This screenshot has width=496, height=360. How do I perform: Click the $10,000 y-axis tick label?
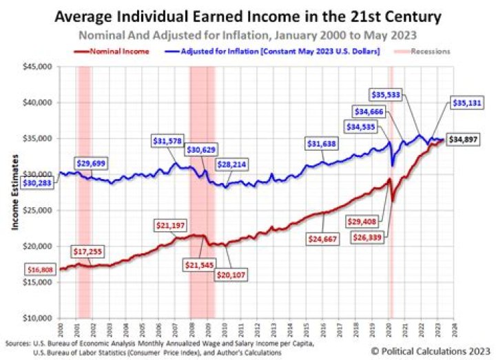[40, 318]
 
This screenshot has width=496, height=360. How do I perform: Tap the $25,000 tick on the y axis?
[40, 210]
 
